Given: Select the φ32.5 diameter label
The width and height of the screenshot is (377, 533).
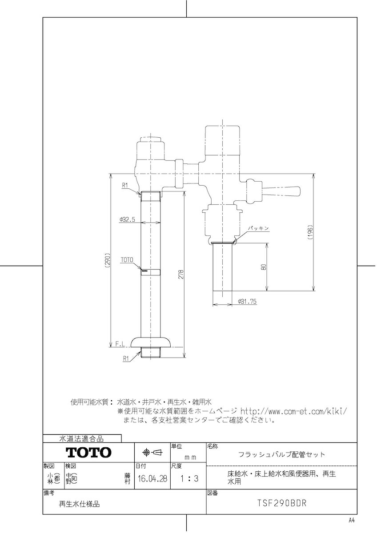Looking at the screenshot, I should [128, 219].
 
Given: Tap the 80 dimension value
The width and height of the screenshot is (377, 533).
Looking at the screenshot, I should [264, 267].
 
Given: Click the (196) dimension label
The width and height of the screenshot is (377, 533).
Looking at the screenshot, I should [311, 231].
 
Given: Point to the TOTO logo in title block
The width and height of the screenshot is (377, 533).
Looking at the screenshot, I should [89, 453].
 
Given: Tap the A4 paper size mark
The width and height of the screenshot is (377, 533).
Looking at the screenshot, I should [352, 520].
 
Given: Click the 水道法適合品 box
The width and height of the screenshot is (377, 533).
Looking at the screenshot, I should [82, 439].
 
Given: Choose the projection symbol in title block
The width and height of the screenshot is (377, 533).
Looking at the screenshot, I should [152, 452].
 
